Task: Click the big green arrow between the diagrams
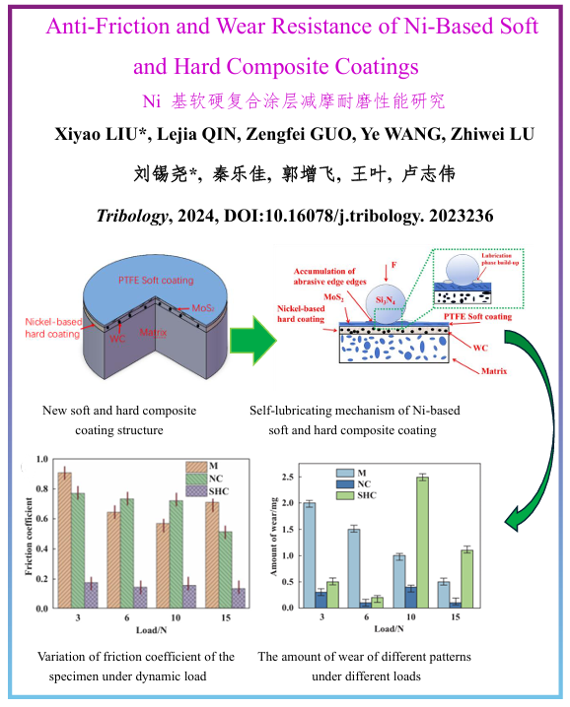pos(252,341)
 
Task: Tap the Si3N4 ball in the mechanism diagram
pos(386,306)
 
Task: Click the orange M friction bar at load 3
pos(64,541)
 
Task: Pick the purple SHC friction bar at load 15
pos(238,598)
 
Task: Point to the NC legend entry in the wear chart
pos(354,483)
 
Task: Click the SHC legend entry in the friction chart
pos(207,491)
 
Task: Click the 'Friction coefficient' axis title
pos(29,536)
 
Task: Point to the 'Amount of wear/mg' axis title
pos(273,536)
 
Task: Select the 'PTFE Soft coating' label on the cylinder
pos(156,280)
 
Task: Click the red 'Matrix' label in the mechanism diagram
pos(494,371)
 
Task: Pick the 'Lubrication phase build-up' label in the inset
pos(500,259)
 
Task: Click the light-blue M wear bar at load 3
pos(310,555)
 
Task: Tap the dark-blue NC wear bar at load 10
pos(410,598)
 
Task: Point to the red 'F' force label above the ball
pos(393,265)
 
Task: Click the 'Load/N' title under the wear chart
pos(389,628)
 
